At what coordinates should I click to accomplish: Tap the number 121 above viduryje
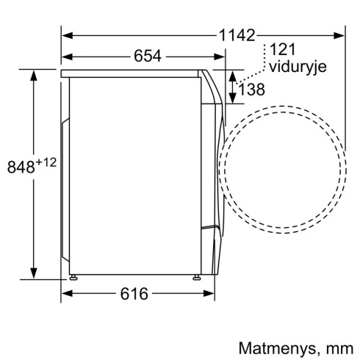282,51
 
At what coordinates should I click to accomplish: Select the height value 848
21,167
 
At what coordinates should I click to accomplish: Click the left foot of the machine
75,277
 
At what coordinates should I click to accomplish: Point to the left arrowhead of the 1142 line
65,35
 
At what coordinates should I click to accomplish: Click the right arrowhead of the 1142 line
342,35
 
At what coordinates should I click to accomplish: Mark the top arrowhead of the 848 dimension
34,73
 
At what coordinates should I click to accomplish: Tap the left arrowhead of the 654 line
66,57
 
